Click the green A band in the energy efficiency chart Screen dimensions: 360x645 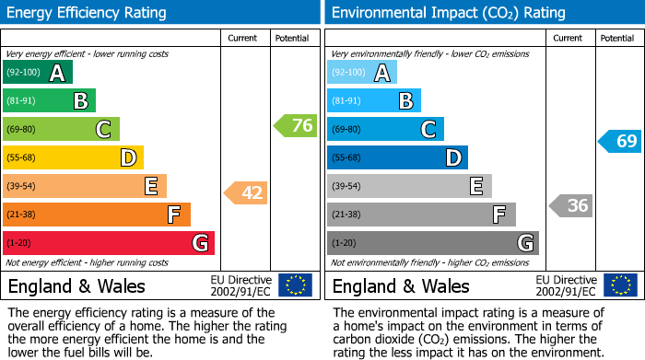37,73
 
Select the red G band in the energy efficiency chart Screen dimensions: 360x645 108,243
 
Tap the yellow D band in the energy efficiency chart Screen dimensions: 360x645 73,157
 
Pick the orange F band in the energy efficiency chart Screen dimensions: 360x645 96,215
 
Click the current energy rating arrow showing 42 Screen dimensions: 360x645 246,193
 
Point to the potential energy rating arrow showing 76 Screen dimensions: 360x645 296,126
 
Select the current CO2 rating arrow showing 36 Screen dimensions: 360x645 570,205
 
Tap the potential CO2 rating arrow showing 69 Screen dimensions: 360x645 620,141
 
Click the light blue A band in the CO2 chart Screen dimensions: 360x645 362,73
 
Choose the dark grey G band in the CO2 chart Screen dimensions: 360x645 432,243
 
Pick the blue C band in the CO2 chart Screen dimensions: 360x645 385,129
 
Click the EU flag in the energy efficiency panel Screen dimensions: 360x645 296,285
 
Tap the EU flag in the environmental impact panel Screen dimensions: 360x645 620,285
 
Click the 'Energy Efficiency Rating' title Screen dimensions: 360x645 88,13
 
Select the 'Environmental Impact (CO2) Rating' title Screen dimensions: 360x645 448,13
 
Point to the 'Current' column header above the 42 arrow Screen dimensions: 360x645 244,38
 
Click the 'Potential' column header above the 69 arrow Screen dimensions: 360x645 617,38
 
